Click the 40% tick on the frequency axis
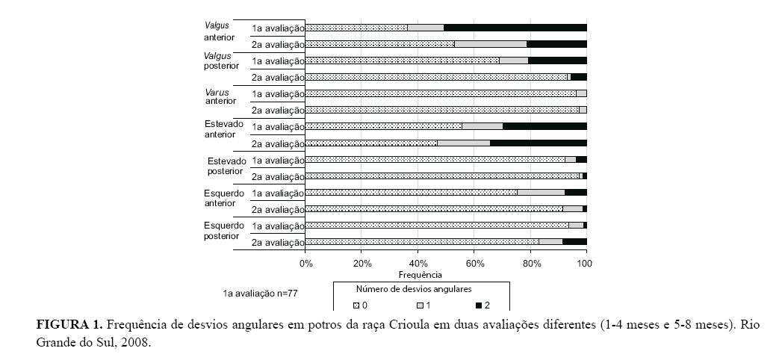418,264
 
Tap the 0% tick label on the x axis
306,264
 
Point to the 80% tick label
530,264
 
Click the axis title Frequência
446,274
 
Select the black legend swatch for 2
479,305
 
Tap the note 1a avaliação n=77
260,294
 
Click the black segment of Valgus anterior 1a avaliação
515,28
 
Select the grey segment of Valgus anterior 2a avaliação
491,44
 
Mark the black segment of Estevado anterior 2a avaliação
538,143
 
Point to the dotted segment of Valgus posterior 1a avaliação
402,60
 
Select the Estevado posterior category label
226,166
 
